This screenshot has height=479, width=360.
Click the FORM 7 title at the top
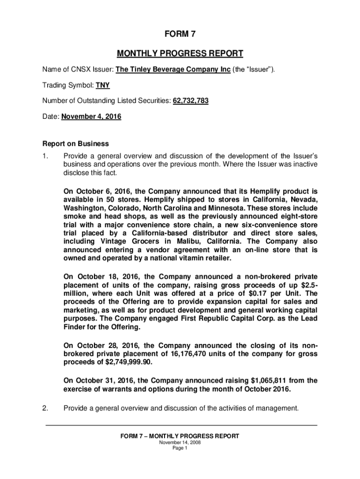click(x=180, y=34)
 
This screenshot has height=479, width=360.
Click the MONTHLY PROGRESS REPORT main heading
click(x=180, y=53)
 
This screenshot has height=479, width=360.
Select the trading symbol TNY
click(x=103, y=86)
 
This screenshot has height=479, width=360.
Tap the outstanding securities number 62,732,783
click(x=191, y=101)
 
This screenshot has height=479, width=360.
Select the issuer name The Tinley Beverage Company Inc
click(x=173, y=70)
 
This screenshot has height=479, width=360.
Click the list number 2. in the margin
click(x=45, y=408)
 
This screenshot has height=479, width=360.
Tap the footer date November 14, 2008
click(x=180, y=443)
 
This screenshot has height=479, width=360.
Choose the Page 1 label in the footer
click(x=180, y=448)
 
